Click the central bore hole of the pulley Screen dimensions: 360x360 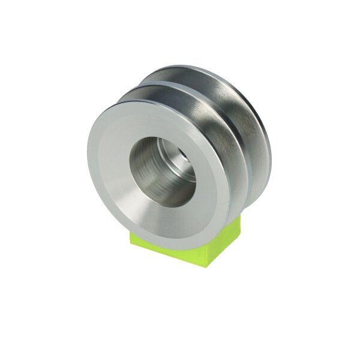162,171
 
